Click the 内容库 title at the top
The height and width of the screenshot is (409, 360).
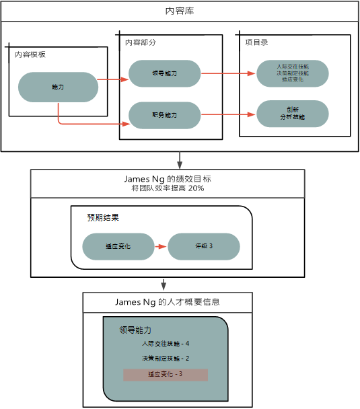point(180,11)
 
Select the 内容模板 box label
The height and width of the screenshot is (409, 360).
point(30,54)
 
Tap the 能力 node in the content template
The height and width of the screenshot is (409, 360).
point(58,87)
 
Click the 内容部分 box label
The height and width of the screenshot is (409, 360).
point(141,42)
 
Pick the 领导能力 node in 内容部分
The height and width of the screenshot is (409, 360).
point(165,73)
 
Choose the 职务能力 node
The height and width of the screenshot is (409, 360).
point(165,115)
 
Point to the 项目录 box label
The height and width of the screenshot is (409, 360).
point(256,42)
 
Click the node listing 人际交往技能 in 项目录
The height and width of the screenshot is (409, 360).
point(293,73)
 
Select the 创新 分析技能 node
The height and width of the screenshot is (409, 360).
point(293,113)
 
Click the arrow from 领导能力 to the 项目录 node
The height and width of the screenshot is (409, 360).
point(229,73)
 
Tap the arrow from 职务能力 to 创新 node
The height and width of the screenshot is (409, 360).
point(229,115)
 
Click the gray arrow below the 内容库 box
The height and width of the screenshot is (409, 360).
point(180,160)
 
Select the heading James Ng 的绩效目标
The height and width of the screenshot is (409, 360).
point(168,179)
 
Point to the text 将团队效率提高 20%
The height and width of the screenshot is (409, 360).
point(168,189)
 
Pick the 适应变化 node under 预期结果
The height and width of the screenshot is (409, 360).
point(118,247)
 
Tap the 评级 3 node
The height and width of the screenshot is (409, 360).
point(204,247)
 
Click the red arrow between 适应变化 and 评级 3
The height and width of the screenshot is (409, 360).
point(161,247)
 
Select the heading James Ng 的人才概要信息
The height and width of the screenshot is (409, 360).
point(168,302)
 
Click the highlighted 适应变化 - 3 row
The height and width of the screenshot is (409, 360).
point(166,374)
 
